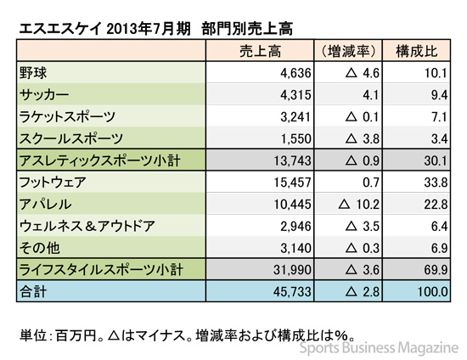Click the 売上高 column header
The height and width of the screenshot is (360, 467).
coord(260,52)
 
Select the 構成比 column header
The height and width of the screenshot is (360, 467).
coord(416,52)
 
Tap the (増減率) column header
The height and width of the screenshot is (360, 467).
coord(348,52)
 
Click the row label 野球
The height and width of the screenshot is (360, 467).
coord(33,73)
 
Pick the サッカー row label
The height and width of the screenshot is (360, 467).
coord(44,95)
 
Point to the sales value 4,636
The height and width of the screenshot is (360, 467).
coord(295,73)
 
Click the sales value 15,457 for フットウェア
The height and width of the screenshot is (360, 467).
coord(292,183)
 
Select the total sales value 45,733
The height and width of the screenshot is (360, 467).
coord(292,292)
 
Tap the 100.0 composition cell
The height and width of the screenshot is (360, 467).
coord(432,292)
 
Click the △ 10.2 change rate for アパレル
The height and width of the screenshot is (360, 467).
coord(359,205)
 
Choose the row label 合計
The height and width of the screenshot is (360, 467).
coord(33,292)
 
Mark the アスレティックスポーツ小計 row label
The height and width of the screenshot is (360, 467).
coord(100,160)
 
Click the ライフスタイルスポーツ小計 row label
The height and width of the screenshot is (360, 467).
coord(101,270)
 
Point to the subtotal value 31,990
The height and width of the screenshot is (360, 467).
coord(292,270)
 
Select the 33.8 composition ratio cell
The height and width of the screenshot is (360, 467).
coord(436,183)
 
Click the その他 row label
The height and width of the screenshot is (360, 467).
coord(40,248)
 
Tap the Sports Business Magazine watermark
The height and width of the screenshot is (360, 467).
coord(379,348)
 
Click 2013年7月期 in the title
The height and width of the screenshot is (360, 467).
coord(148,30)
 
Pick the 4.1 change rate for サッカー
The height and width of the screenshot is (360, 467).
coord(370,95)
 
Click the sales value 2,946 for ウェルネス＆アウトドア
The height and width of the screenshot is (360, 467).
coord(295,227)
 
